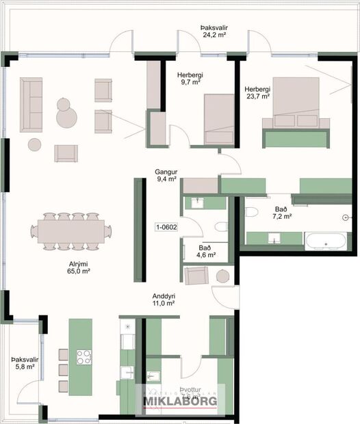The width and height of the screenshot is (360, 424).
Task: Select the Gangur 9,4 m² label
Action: (x=166, y=175)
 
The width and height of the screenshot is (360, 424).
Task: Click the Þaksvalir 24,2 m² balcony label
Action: (x=214, y=31)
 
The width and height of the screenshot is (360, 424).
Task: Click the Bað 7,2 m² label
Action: (x=281, y=212)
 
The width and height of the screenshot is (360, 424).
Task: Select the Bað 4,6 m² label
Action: (x=206, y=252)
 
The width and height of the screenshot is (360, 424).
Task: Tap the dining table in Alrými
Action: (x=71, y=230)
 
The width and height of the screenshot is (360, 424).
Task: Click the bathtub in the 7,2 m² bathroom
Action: (x=327, y=241)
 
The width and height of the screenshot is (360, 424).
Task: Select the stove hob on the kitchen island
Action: (x=84, y=356)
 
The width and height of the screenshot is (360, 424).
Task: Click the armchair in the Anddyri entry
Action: (x=196, y=276)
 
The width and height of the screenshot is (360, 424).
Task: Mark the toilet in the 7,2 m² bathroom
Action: (x=250, y=211)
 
